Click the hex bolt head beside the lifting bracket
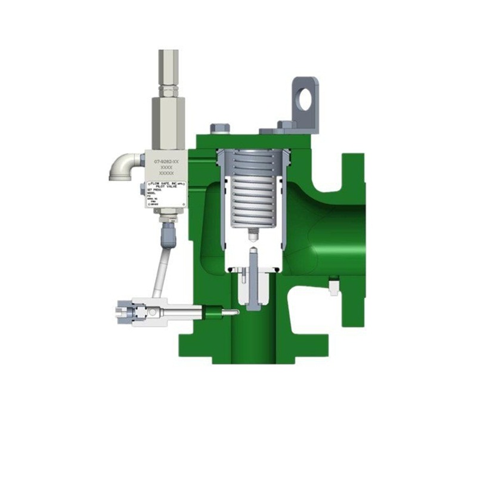click(286, 126)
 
